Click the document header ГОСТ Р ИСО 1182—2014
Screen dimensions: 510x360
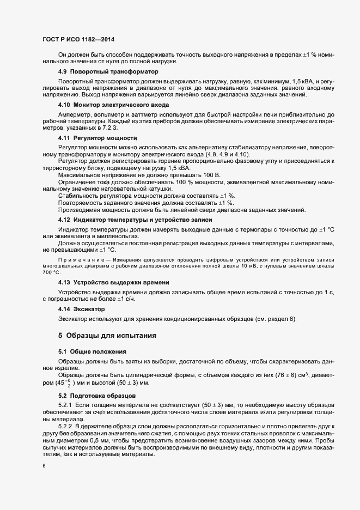[78, 40]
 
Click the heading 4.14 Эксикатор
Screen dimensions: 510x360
[81, 309]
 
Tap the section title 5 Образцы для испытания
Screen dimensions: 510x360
[108, 335]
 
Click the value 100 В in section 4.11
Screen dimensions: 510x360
[210, 174]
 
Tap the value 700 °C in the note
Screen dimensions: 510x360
[49, 271]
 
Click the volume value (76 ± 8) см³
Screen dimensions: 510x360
[288, 375]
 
